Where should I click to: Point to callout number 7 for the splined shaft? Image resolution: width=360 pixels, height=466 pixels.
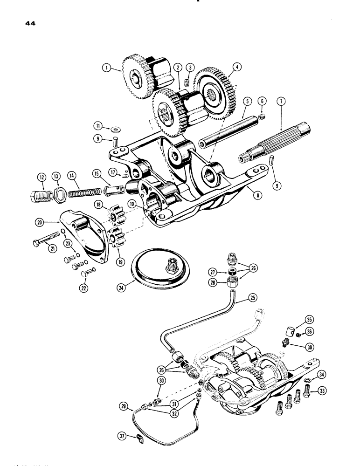(x=281, y=101)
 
